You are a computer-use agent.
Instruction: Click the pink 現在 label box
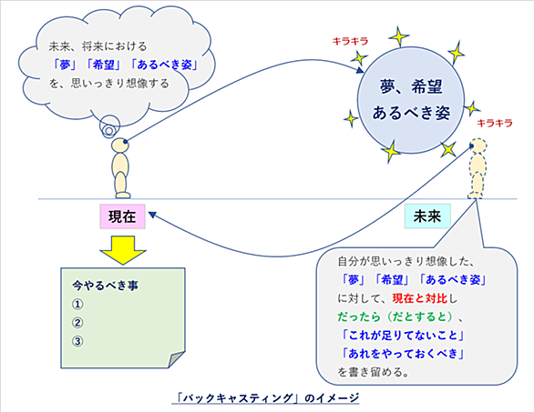click(x=123, y=216)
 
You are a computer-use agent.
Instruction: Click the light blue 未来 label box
click(x=427, y=216)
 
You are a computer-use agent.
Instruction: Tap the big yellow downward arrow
click(x=123, y=250)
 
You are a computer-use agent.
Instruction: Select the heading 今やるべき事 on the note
click(x=105, y=286)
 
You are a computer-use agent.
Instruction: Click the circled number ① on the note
click(x=77, y=305)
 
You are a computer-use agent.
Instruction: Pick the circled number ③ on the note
click(x=77, y=341)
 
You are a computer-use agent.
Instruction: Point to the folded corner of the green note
click(x=177, y=359)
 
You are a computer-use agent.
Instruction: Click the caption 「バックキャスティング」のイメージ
click(x=266, y=397)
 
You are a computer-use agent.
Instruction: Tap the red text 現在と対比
click(x=419, y=298)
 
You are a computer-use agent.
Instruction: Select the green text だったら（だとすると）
click(x=396, y=317)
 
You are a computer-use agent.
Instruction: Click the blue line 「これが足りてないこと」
click(x=403, y=336)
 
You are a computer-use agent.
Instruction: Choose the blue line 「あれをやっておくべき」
click(x=403, y=354)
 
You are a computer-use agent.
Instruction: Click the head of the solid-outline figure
click(x=120, y=145)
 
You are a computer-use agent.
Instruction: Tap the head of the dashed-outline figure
click(x=478, y=146)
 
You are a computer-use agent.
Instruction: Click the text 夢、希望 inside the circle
click(x=411, y=87)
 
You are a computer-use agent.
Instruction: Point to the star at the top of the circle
click(x=399, y=36)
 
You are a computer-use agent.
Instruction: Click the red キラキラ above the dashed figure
click(x=495, y=123)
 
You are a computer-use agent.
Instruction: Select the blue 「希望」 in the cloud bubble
click(x=103, y=65)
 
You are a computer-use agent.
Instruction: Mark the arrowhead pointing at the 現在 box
click(x=152, y=215)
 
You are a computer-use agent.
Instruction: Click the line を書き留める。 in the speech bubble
click(x=374, y=372)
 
